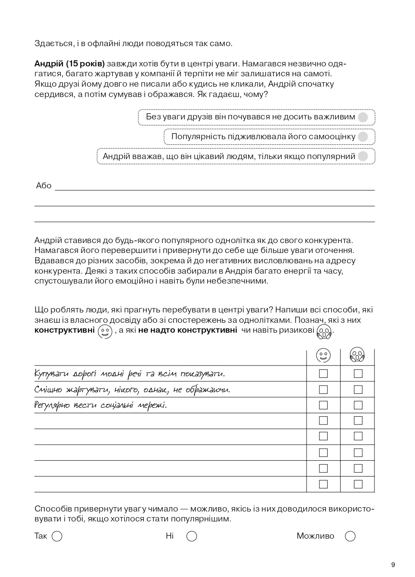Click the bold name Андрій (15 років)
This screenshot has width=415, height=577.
click(x=69, y=64)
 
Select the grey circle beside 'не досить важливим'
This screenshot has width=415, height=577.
click(x=363, y=117)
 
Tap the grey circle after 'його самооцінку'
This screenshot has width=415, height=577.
click(x=363, y=137)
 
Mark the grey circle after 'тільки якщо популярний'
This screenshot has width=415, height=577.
click(x=363, y=156)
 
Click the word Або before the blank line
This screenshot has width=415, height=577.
click(x=43, y=186)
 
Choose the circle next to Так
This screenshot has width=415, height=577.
click(x=57, y=536)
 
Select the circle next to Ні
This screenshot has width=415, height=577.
click(x=192, y=536)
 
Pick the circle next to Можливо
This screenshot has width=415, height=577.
click(x=350, y=536)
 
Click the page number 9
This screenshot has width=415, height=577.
click(x=393, y=565)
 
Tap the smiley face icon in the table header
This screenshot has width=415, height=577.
click(x=323, y=356)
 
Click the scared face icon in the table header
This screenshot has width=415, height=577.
click(x=357, y=356)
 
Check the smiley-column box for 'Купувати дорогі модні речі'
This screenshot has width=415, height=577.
click(x=323, y=374)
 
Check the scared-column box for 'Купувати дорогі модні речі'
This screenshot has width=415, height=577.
click(x=358, y=374)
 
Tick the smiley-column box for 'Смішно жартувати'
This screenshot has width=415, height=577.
click(x=323, y=390)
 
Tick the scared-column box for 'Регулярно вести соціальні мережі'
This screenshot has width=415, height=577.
click(x=358, y=405)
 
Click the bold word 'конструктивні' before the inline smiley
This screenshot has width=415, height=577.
click(x=65, y=331)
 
